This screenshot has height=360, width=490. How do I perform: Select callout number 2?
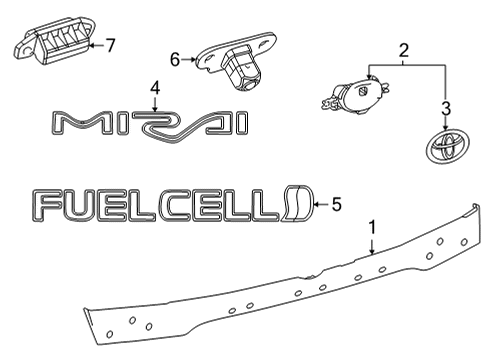tap(403, 49)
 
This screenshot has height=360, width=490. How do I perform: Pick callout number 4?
tap(154, 90)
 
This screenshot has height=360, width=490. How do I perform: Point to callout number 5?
tap(336, 205)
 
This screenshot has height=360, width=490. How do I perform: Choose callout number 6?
tap(176, 60)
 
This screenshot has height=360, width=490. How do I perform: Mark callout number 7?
tap(111, 44)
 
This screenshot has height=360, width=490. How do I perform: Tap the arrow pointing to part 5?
tap(321, 205)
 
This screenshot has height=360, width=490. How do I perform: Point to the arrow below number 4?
tap(154, 104)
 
